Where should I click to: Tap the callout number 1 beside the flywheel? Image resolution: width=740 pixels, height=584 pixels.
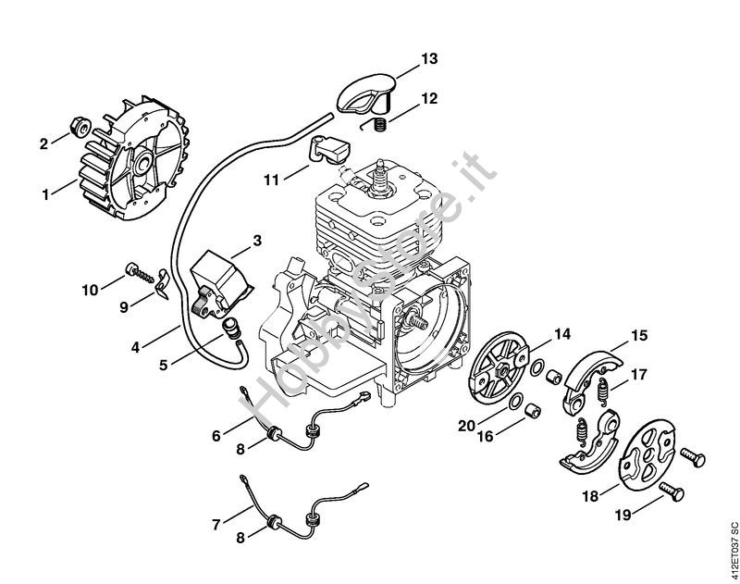[44, 194]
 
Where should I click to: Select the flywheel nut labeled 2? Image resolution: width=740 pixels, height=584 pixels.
[79, 127]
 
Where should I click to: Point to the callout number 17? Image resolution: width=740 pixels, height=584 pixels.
[639, 376]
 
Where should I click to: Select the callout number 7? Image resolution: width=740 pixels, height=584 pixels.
[216, 525]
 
